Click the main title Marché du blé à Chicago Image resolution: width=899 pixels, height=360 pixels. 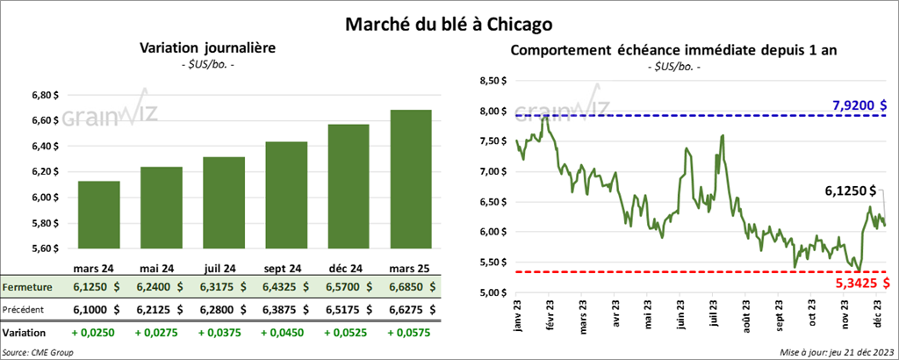pos(449,18)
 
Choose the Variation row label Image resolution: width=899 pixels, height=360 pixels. pos(24,333)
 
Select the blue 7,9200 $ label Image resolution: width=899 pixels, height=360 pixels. pos(859,106)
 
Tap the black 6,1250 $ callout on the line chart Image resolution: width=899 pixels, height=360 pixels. pos(849,190)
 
